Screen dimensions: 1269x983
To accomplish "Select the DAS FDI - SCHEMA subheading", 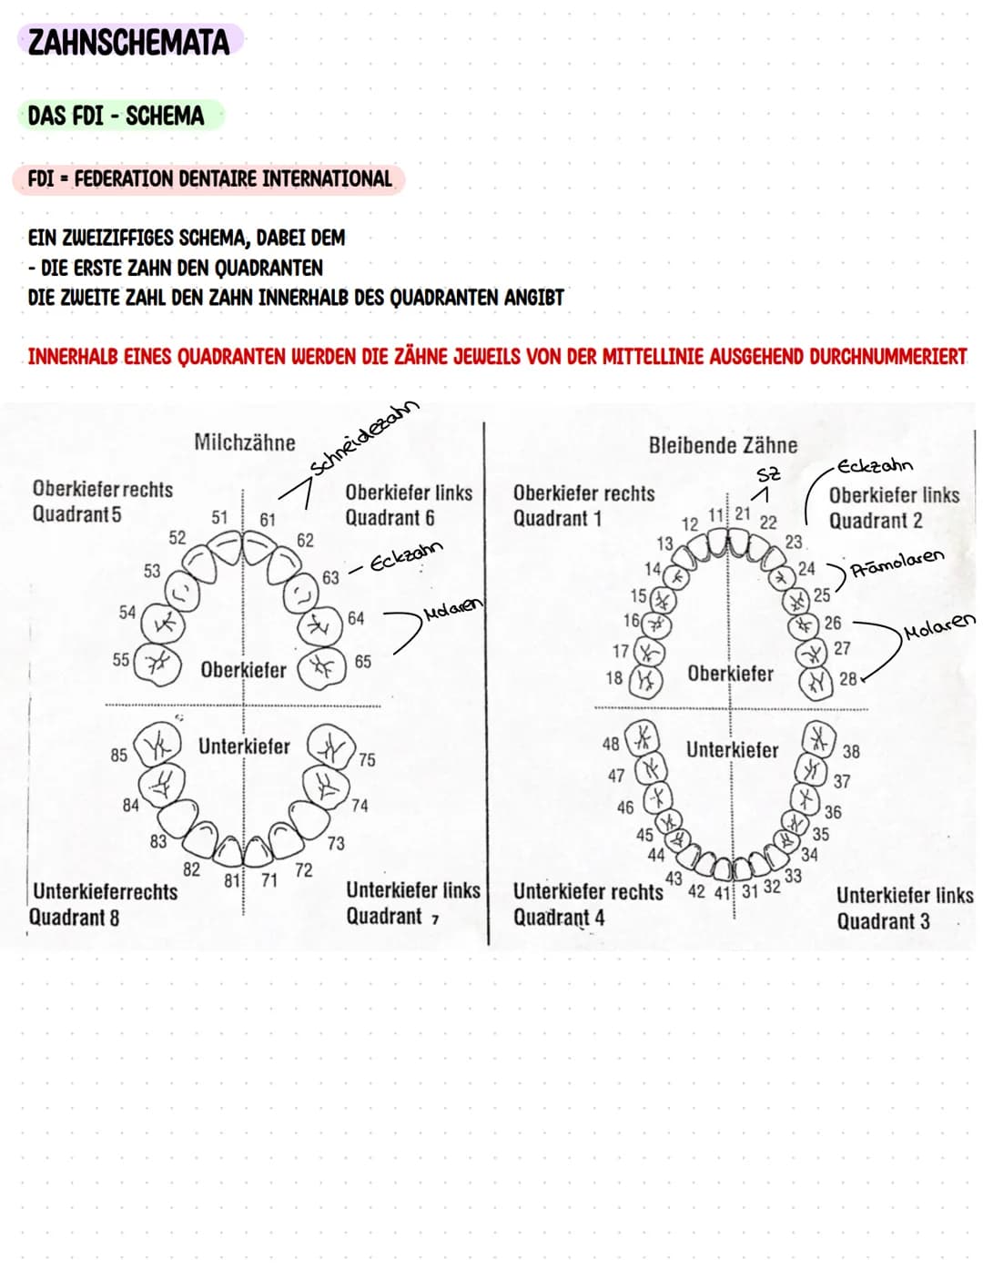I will click(x=116, y=117).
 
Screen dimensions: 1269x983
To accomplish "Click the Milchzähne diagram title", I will click(x=245, y=443).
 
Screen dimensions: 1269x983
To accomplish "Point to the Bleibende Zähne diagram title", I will click(x=723, y=445).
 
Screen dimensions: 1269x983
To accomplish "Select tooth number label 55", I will click(x=120, y=659).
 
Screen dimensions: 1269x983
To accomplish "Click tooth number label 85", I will click(x=119, y=755).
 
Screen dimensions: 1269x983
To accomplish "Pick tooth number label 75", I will click(x=366, y=759).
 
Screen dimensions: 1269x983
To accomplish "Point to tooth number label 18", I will click(x=614, y=678).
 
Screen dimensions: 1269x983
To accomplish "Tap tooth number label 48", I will click(x=611, y=744).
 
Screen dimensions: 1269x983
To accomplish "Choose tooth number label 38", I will click(x=850, y=752).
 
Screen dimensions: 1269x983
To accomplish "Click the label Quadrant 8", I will click(x=74, y=918).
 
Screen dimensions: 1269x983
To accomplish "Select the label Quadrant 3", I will click(x=883, y=921).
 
